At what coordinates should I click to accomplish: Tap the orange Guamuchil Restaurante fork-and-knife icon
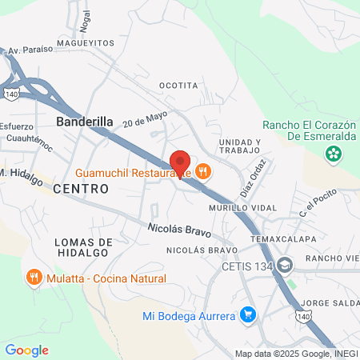pos(203,170)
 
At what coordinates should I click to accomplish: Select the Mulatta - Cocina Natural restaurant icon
pos(34,277)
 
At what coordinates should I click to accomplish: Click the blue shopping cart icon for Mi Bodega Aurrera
pos(248,315)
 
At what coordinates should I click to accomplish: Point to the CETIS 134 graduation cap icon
pos(286,266)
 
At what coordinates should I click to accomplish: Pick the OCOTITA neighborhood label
pos(178,86)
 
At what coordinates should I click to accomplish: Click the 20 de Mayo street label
pos(145,119)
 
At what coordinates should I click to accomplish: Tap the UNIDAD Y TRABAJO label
pos(239,146)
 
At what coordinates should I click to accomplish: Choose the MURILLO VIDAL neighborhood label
pos(243,208)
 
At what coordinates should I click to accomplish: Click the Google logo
pos(26,350)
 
